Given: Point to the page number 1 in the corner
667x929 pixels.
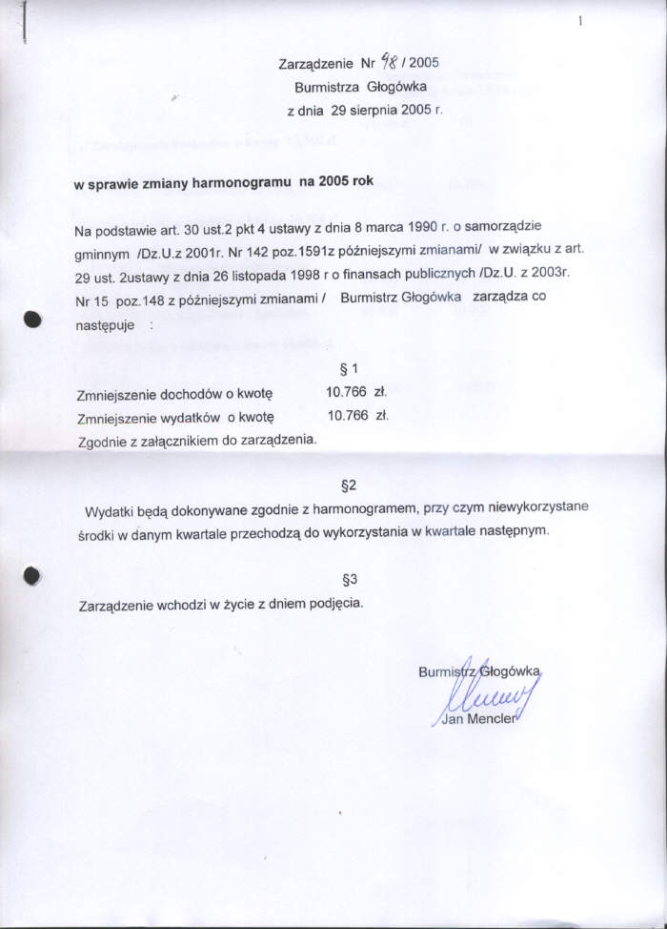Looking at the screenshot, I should click(580, 21).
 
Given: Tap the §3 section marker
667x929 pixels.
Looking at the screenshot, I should click(349, 578).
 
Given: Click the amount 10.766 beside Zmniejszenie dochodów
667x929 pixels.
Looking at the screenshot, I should click(347, 391).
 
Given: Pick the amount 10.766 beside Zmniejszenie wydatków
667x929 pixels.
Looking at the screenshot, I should click(348, 415).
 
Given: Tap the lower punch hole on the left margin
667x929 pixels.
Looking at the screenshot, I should click(32, 574).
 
